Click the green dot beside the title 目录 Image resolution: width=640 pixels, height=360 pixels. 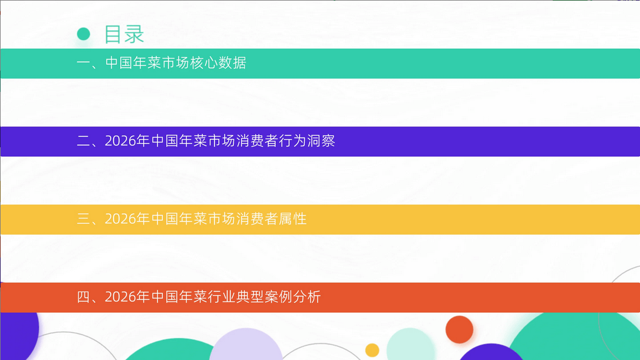coord(83,34)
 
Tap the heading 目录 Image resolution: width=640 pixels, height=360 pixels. coord(124,34)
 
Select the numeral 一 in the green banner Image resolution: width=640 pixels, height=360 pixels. coord(84,63)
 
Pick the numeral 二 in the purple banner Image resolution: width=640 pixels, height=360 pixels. coord(84,141)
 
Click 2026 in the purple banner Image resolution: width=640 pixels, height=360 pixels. coord(120,141)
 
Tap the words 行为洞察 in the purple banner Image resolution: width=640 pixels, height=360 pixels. coord(307,141)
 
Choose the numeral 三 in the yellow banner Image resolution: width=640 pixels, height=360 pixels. coord(84,219)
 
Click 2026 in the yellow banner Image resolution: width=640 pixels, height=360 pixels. coord(120,219)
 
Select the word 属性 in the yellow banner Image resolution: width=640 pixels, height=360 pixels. coord(293,219)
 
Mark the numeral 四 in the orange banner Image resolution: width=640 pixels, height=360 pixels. coord(84,297)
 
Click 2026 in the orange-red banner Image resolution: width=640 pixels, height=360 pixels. coord(120,297)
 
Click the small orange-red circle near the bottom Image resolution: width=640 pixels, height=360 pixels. coord(459,329)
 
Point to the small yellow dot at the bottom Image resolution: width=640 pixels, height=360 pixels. coord(372,350)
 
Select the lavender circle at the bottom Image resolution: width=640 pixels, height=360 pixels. coord(246,345)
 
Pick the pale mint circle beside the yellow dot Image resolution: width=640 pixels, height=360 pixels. coord(410,344)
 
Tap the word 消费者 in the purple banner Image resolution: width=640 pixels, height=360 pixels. coord(257,141)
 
